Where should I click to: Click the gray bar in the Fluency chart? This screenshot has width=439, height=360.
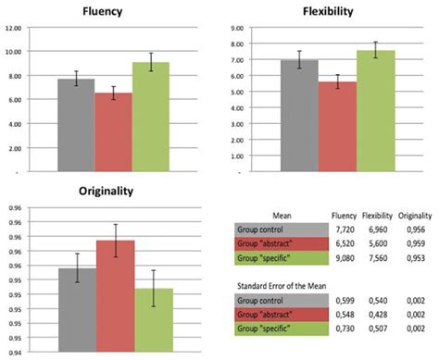click(76, 125)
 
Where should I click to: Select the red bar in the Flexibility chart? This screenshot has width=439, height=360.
click(338, 126)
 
